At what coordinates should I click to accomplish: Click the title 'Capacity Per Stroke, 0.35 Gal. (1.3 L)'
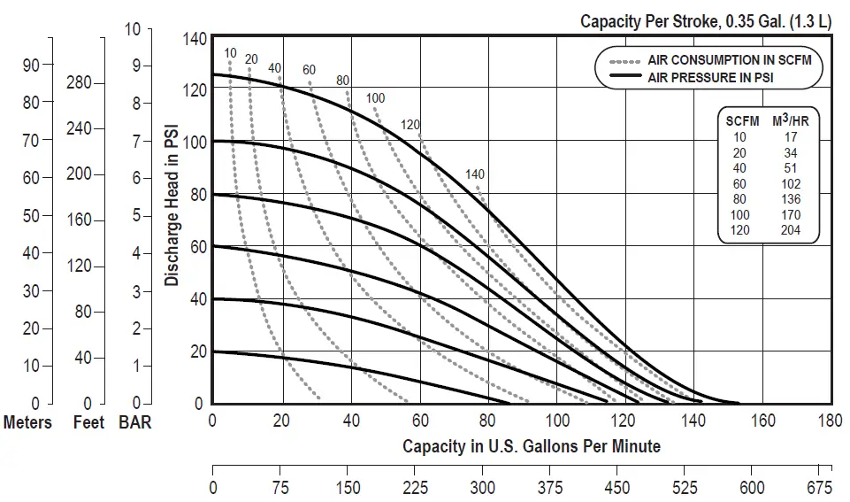(x=705, y=21)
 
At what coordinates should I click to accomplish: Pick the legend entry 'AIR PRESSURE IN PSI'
(x=718, y=77)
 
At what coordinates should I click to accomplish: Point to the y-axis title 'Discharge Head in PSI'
(x=172, y=205)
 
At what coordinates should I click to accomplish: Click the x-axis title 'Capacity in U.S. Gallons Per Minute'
(x=531, y=445)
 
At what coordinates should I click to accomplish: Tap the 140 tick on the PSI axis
(x=195, y=38)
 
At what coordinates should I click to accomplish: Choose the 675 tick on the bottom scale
(x=819, y=488)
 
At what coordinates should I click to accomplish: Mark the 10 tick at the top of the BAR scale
(x=133, y=29)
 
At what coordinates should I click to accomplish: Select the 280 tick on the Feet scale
(x=79, y=83)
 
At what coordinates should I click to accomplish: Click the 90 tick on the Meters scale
(x=32, y=65)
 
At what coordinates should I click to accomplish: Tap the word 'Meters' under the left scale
(x=27, y=422)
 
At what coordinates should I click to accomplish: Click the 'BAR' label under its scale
(x=134, y=422)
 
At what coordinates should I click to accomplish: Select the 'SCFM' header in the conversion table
(x=740, y=121)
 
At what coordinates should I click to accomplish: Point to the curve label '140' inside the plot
(x=475, y=174)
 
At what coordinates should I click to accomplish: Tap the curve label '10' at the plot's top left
(x=230, y=53)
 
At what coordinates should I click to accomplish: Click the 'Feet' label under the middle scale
(x=88, y=422)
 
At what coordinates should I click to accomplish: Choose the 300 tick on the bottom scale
(x=483, y=488)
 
